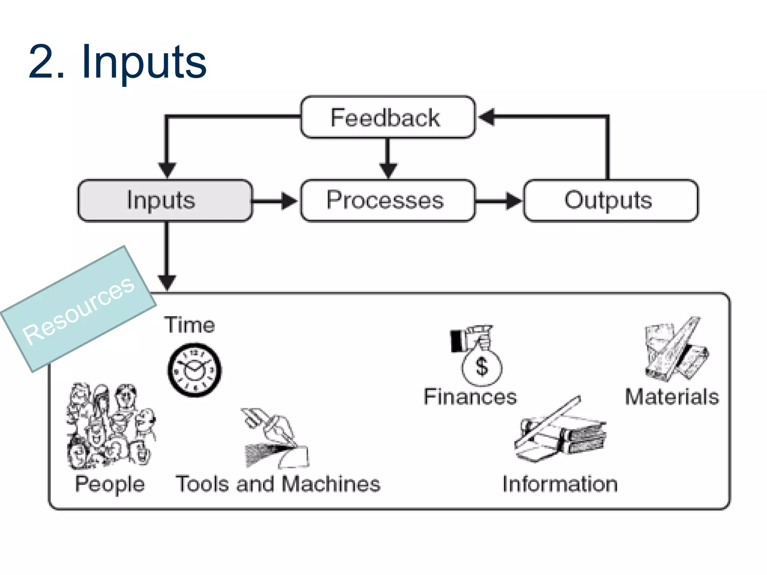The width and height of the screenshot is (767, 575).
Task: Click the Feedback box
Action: coord(388,118)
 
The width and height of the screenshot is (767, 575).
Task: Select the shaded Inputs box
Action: coord(165,201)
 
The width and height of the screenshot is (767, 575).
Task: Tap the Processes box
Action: coord(388,201)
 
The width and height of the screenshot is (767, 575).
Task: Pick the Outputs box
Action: coord(610,201)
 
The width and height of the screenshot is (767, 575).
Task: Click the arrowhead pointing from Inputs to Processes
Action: coord(289,201)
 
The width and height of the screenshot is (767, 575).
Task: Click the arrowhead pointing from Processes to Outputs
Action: coord(513,201)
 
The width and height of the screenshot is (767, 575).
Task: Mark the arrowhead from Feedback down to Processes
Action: coord(388,170)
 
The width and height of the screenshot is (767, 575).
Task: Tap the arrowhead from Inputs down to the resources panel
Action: coord(167,282)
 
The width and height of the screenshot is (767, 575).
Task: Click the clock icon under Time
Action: coord(194,370)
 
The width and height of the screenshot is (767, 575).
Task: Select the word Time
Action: coord(190,325)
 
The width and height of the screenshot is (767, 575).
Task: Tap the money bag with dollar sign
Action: coord(481,365)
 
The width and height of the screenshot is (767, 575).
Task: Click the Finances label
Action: coord(470,397)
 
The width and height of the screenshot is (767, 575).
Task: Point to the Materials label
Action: coord(672,397)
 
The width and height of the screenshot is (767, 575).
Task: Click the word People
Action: coord(110,484)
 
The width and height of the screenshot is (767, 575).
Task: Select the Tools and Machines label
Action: coord(278,484)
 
